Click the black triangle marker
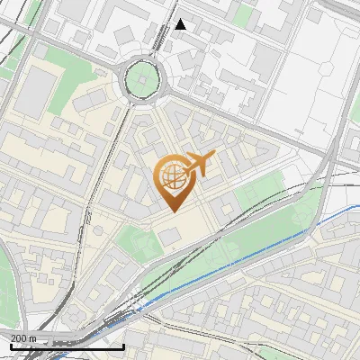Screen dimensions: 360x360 pyautogui.click(x=181, y=24)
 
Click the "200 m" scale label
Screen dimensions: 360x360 pyautogui.click(x=23, y=337)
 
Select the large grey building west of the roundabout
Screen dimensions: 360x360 pyautogui.click(x=36, y=94)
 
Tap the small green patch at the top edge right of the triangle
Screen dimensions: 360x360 pyautogui.click(x=240, y=13)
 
